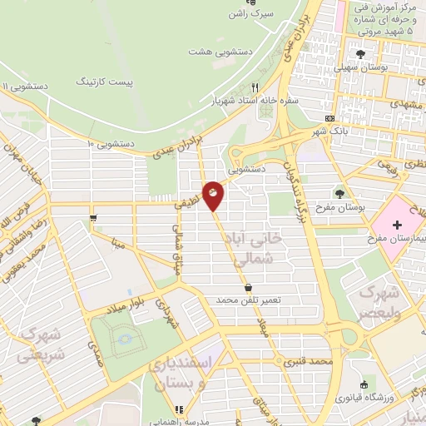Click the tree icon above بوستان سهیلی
coord(359,53)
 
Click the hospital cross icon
coord(397,225)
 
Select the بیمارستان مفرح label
coord(396,240)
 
